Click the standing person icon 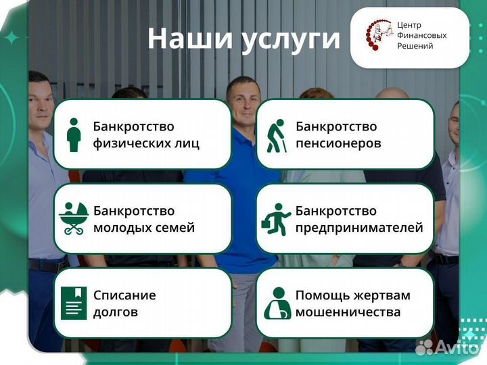74,135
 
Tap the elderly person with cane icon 275,135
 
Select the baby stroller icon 73,218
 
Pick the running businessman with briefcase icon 276,218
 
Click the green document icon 74,303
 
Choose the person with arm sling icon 277,303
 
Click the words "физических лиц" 146,143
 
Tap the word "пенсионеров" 338,143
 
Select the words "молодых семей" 144,228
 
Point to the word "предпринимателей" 359,228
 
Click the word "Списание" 124,295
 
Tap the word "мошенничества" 348,312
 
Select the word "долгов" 116,312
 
